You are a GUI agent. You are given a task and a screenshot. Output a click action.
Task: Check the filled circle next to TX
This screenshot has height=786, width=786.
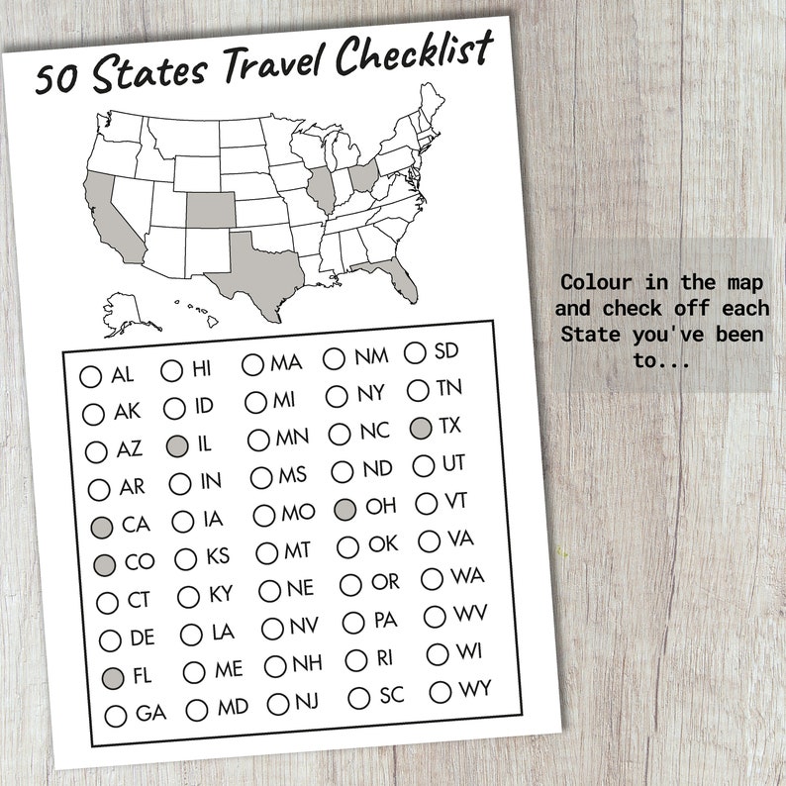[x=420, y=429]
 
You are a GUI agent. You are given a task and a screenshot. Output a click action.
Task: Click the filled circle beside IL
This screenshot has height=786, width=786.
[x=177, y=445]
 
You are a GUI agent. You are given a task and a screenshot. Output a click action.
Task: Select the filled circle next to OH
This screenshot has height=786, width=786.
[x=344, y=509]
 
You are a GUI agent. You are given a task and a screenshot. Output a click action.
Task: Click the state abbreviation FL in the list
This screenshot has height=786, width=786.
[x=142, y=677]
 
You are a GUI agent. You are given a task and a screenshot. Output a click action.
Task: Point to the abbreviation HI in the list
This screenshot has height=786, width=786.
[x=201, y=369]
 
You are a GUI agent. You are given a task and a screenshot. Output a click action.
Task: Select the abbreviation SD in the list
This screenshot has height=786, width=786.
[x=446, y=350]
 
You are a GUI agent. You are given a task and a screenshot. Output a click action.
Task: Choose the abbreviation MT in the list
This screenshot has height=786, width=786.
[x=297, y=549]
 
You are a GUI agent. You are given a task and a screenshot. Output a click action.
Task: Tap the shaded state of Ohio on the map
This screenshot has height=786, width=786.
[x=363, y=177]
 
